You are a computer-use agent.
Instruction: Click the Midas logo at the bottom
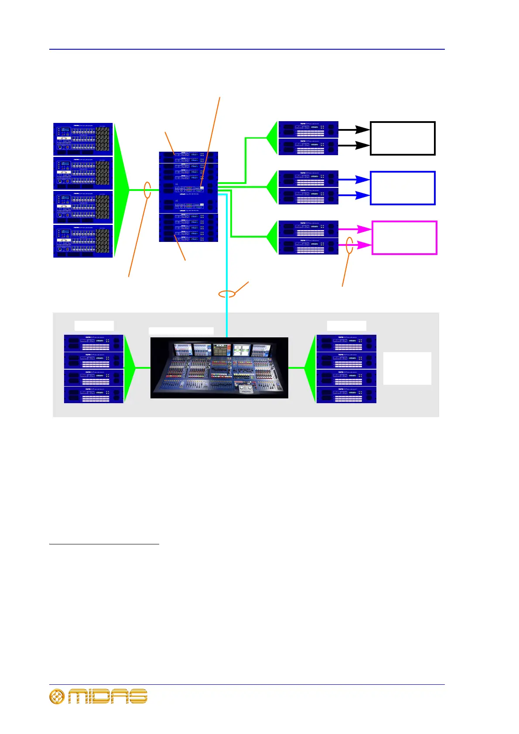tap(99, 697)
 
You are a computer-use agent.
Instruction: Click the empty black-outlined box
tap(403, 139)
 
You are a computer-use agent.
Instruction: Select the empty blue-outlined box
tap(403, 188)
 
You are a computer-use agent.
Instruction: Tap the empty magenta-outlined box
tap(404, 238)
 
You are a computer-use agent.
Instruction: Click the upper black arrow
tap(354, 129)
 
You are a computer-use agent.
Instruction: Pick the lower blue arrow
tap(354, 195)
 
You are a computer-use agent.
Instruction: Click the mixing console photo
tap(219, 367)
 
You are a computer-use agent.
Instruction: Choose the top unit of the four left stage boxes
tap(83, 139)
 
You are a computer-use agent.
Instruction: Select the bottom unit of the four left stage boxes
tap(83, 241)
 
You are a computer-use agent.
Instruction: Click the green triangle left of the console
tap(130, 368)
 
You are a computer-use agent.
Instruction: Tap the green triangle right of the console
tap(310, 368)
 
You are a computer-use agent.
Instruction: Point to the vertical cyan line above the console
tap(227, 262)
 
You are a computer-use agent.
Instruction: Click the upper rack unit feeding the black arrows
tap(308, 129)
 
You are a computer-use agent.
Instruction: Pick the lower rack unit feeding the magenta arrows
tap(308, 246)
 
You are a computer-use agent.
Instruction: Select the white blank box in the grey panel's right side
tap(407, 368)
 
